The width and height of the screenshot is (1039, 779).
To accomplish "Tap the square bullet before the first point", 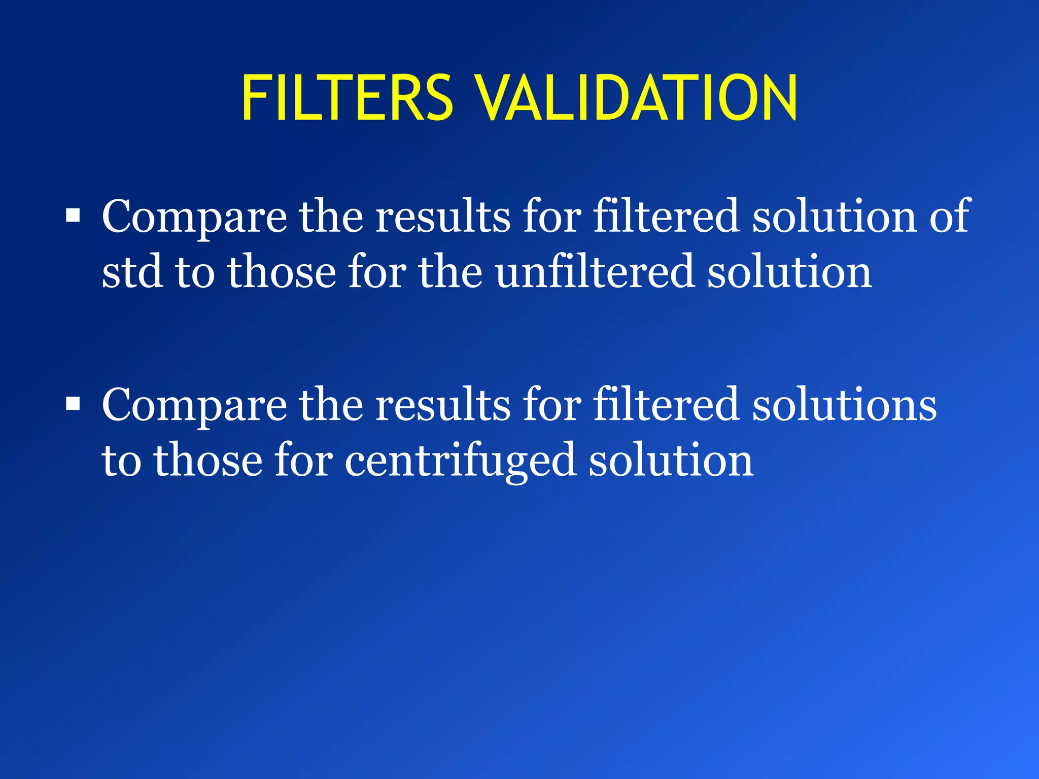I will (73, 216).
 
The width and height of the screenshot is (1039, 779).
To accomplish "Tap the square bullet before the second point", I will (73, 404).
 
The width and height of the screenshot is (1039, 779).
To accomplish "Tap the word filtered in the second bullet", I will (666, 404).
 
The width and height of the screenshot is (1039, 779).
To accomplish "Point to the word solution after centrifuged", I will (671, 459).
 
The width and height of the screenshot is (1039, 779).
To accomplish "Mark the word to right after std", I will (194, 272).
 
